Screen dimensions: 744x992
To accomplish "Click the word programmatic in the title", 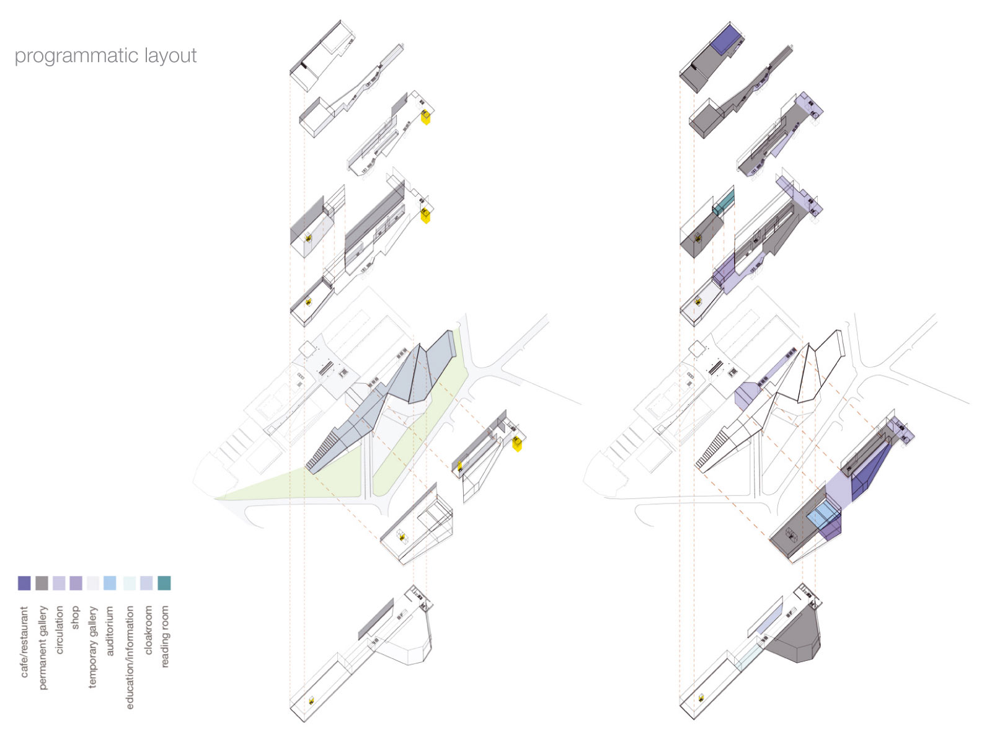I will (x=77, y=56).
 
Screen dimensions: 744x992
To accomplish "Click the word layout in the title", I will (x=170, y=56).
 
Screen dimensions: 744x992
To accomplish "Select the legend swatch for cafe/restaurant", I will (x=24, y=583).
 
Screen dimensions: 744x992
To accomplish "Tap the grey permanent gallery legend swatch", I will (x=42, y=583).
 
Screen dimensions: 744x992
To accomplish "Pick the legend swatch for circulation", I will (x=59, y=583).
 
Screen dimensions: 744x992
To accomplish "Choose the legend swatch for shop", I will (x=76, y=583).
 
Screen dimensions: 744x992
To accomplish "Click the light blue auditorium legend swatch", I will (x=110, y=583).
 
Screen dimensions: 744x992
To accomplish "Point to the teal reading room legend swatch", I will (x=164, y=583).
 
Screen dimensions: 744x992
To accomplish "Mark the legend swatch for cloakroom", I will (x=146, y=583).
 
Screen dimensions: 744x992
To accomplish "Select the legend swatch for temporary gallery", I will (x=93, y=583).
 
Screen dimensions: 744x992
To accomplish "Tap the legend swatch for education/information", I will (x=129, y=583).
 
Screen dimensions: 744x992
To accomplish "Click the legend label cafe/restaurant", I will (x=24, y=642).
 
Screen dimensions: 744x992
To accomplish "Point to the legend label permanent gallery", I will (x=42, y=647).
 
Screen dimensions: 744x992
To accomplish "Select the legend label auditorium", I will (x=110, y=631).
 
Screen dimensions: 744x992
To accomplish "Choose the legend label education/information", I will (x=130, y=657).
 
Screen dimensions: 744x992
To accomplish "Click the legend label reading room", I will (x=164, y=637).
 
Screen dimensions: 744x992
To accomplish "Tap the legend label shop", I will (x=76, y=618).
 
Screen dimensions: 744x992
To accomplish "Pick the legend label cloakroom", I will (x=148, y=630).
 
